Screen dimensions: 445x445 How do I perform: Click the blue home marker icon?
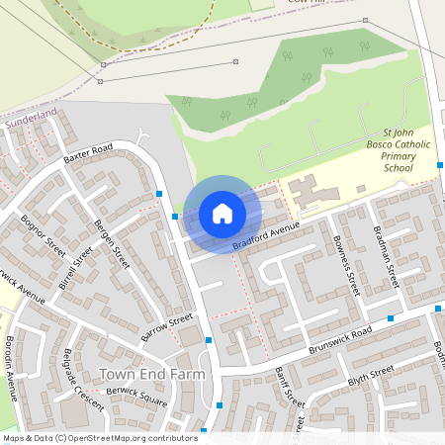point(222,214)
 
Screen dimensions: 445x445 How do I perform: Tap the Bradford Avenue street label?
point(265,235)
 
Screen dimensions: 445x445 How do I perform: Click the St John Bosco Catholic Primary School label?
point(398,150)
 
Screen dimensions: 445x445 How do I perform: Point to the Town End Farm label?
point(152,374)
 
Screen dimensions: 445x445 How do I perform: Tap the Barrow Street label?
point(166,327)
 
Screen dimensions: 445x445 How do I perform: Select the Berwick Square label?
point(138,395)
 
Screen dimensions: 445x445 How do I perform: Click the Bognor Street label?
point(43,231)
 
